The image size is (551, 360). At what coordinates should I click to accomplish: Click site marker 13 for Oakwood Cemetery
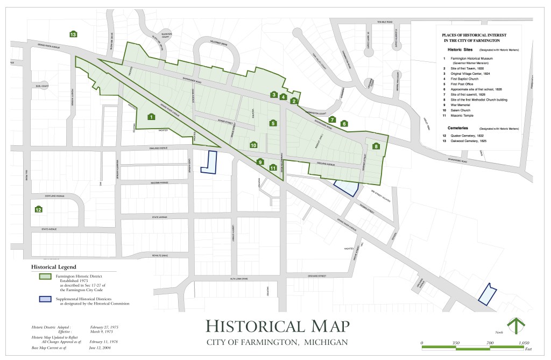coord(73,34)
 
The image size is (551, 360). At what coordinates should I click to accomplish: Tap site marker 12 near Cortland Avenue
coord(39,209)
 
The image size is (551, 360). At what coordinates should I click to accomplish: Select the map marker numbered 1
coord(152,116)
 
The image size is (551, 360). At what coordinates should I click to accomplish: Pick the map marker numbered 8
coord(376,146)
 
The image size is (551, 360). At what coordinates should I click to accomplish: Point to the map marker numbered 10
coord(253,144)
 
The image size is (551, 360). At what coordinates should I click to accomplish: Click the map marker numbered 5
coord(273,123)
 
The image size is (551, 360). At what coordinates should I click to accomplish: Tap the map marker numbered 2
coord(294,100)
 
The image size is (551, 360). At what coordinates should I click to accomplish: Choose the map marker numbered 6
coord(344,123)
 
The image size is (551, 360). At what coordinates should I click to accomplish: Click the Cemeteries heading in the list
coord(460,129)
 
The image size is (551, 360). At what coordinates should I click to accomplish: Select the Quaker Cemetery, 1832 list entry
coord(467,136)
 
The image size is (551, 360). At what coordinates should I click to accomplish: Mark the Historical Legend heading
coord(54,267)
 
